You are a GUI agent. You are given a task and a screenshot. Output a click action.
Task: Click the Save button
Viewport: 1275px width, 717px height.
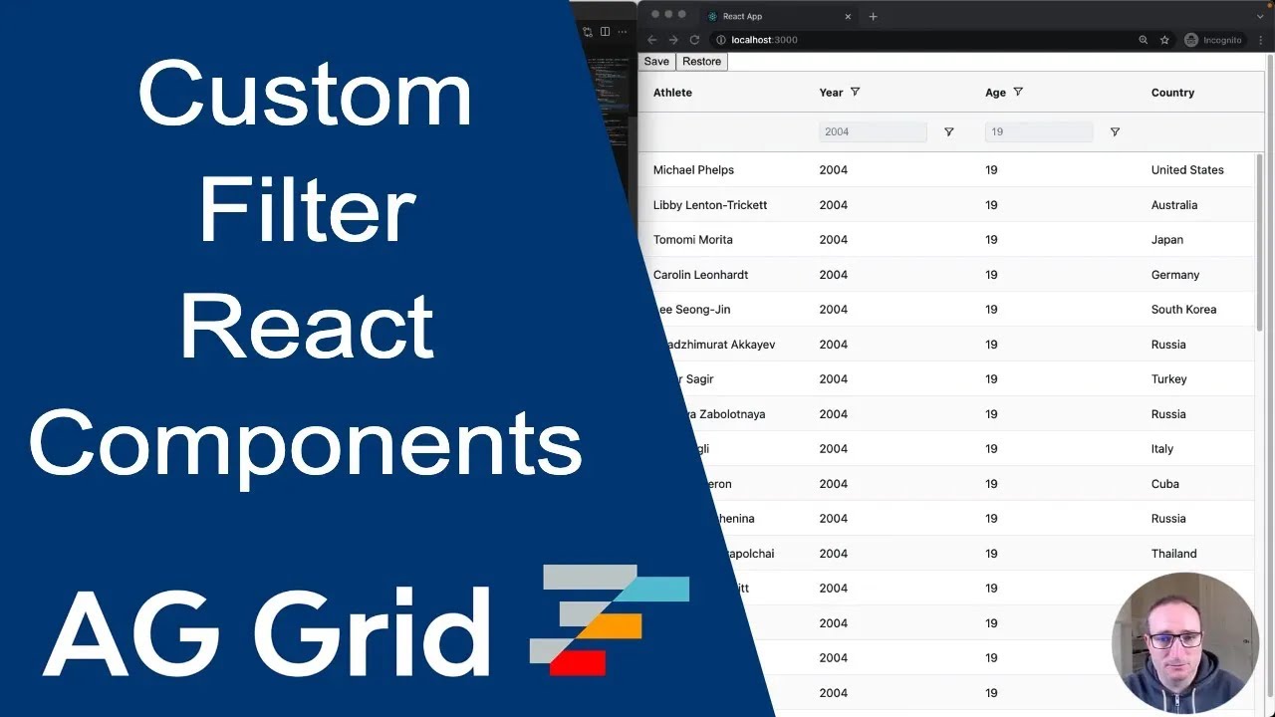[x=656, y=62]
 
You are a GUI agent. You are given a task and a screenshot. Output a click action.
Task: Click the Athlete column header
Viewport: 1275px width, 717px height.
[x=672, y=93]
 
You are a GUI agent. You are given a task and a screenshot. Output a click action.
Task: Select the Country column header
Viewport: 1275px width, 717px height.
[x=1172, y=93]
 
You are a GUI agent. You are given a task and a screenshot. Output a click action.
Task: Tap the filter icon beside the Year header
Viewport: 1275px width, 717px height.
[x=855, y=92]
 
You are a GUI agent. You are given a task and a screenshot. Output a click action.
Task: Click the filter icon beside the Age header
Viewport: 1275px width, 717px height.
[x=1018, y=92]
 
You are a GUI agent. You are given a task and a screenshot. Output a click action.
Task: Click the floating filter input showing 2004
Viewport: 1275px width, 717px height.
[x=872, y=132]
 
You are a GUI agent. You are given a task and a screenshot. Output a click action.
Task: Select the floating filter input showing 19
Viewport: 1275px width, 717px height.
[x=1038, y=132]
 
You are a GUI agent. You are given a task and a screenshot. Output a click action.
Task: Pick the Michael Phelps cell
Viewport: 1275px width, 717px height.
[x=693, y=170]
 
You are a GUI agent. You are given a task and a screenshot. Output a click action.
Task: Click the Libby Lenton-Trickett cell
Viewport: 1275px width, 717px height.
[x=710, y=205]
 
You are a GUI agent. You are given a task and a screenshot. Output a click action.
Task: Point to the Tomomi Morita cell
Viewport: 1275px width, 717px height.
[x=693, y=240]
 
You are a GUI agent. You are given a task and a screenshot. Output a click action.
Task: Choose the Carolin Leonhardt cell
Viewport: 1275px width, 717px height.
[x=701, y=275]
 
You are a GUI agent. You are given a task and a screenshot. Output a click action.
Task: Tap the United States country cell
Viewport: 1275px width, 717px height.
[x=1187, y=170]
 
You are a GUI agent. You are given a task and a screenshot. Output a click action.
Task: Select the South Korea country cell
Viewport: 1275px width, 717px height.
[x=1183, y=310]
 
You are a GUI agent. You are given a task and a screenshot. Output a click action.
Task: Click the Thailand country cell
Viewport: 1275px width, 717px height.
[x=1174, y=554]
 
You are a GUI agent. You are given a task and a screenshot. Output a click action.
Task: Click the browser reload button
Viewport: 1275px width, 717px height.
[x=694, y=40]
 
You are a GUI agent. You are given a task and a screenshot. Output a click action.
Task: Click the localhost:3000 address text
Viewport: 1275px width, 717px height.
[x=764, y=40]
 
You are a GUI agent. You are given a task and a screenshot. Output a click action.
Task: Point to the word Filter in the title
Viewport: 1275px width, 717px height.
[x=307, y=210]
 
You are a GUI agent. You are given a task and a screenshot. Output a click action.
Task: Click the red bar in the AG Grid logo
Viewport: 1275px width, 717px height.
[x=578, y=662]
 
